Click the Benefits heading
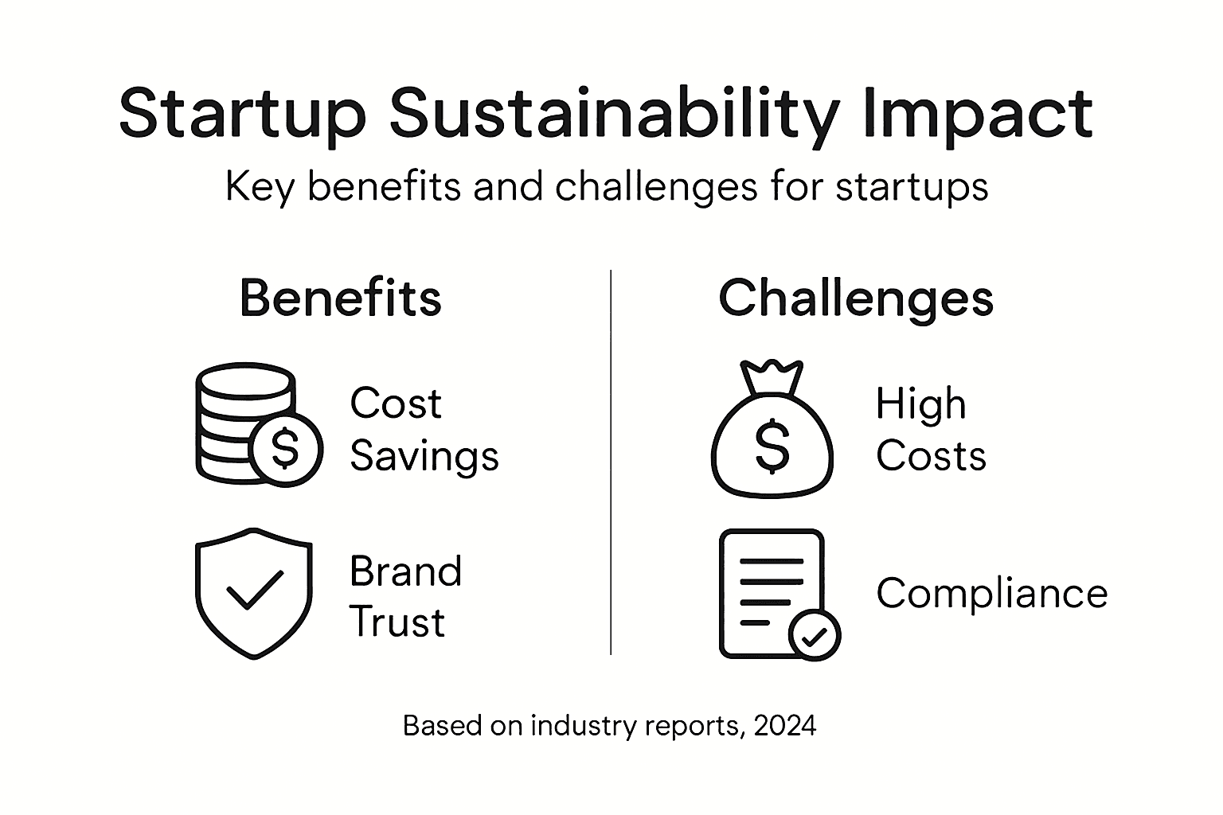[341, 298]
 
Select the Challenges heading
[856, 298]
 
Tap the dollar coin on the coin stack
[285, 448]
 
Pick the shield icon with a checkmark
[254, 592]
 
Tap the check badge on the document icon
[814, 635]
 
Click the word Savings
[424, 456]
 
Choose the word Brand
[405, 571]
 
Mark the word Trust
[397, 622]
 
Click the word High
[920, 404]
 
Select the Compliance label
[992, 593]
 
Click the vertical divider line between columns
[611, 462]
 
